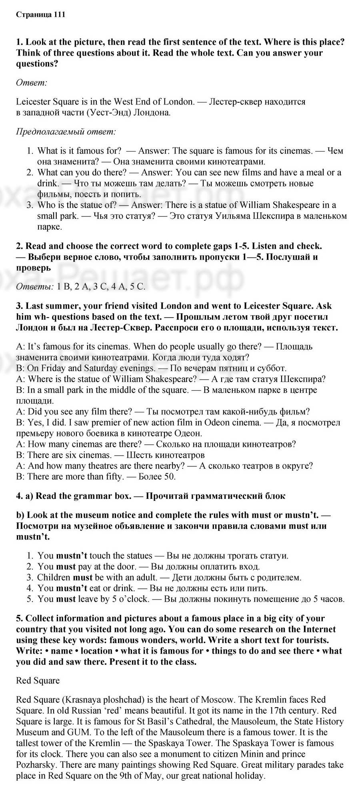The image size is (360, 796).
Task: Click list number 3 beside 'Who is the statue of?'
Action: [x=30, y=205]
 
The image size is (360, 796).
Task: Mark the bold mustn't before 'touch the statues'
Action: [x=72, y=556]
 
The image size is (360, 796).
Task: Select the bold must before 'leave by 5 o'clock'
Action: [x=66, y=599]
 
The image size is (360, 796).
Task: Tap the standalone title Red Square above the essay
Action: [x=38, y=680]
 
